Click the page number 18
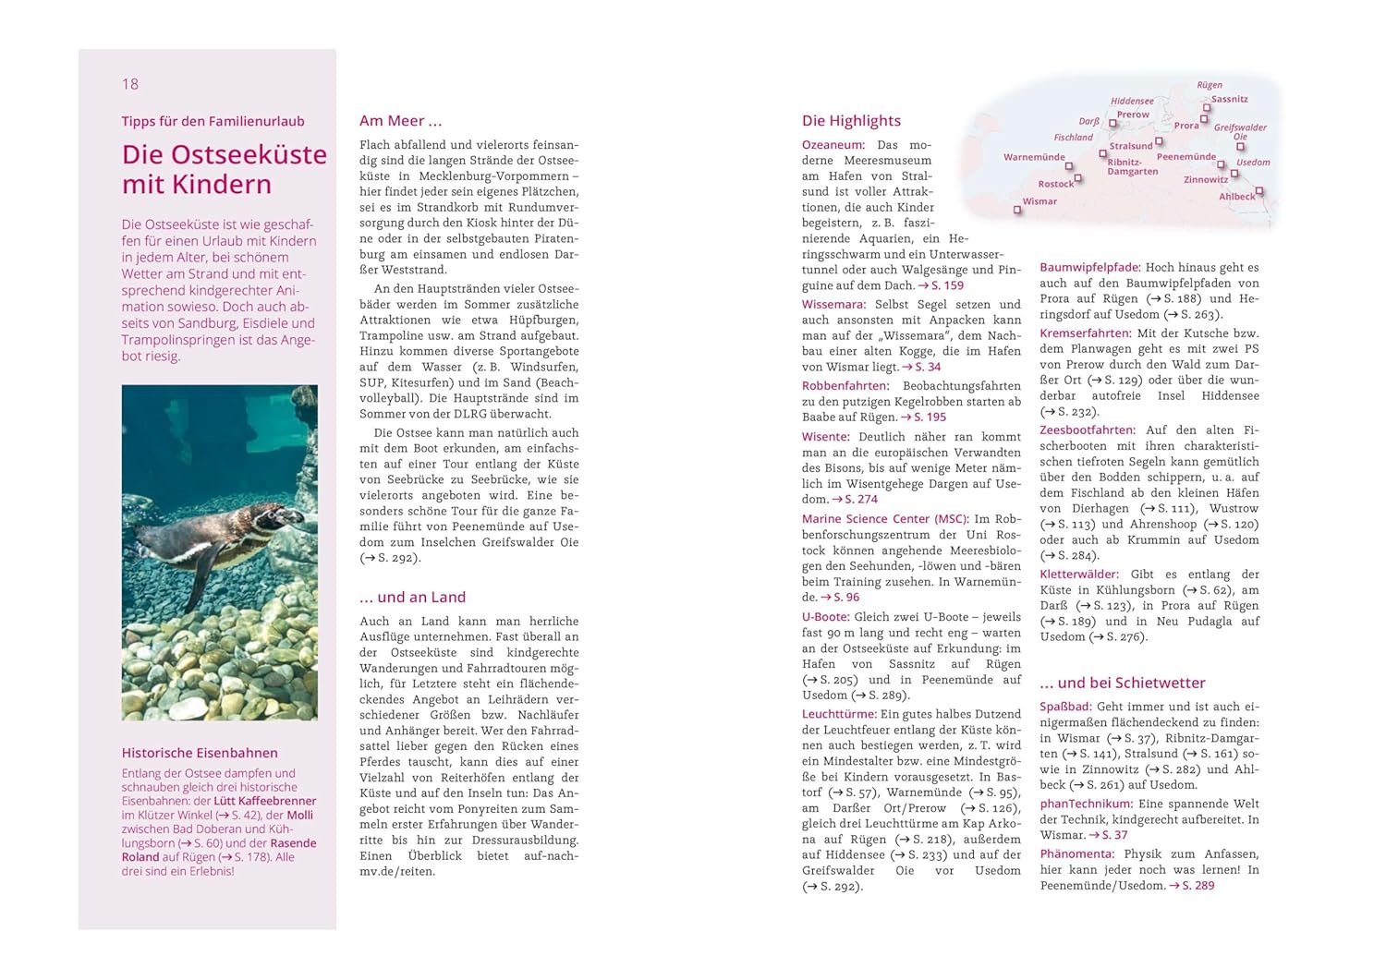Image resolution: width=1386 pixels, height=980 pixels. click(x=130, y=84)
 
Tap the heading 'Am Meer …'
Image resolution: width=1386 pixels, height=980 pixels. click(x=400, y=121)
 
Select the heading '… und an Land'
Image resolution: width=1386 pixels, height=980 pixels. click(x=412, y=598)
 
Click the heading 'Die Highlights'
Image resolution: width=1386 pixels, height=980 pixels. click(x=851, y=121)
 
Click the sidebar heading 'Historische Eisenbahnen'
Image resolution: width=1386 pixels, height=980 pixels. click(x=200, y=753)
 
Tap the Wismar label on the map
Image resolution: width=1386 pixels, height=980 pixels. click(x=1039, y=201)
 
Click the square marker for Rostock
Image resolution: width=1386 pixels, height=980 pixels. click(x=1077, y=178)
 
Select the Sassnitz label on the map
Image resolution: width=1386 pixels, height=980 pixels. click(x=1229, y=99)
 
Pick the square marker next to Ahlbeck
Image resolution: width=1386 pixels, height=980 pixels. click(x=1258, y=191)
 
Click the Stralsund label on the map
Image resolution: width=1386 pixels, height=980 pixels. click(x=1131, y=146)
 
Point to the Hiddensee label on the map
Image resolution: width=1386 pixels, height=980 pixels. click(x=1132, y=102)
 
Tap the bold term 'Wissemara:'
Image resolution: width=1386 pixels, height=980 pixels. click(x=833, y=304)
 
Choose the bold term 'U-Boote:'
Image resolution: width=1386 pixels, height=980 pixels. click(x=825, y=617)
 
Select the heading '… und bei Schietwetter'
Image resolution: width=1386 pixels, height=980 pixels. click(x=1122, y=683)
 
